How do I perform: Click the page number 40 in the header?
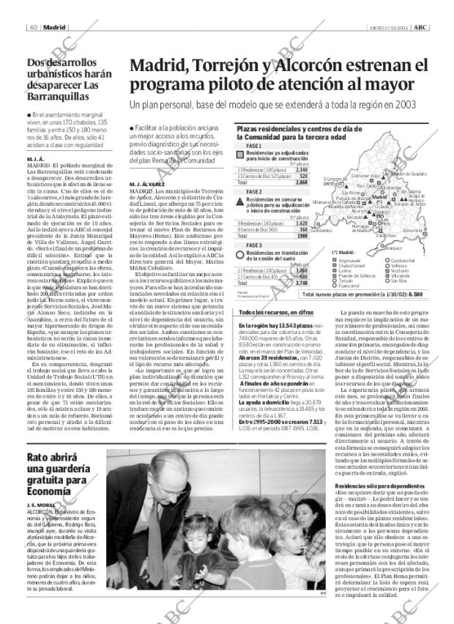34,7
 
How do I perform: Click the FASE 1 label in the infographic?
254,146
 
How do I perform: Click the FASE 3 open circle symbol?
241,254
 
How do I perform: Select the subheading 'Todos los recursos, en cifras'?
276,312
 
